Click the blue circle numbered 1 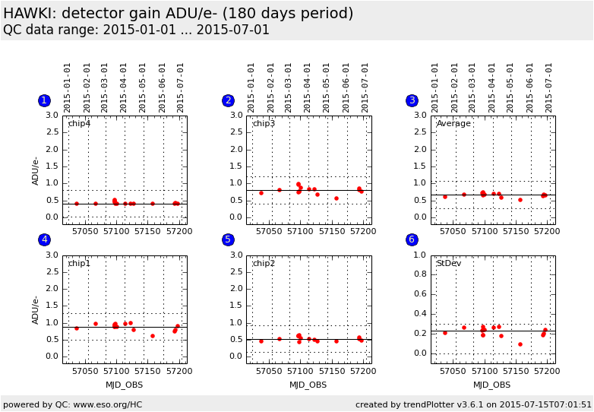[44, 100]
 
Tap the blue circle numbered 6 [412, 239]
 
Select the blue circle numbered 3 [412, 100]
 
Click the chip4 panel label [79, 124]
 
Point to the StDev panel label [449, 263]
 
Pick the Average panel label [453, 124]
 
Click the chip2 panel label [264, 263]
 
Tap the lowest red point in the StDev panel [520, 344]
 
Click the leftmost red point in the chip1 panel [77, 328]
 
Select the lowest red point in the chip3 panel [336, 198]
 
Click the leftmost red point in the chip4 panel [77, 204]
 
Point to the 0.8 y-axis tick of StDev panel [420, 274]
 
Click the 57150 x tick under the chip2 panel [332, 371]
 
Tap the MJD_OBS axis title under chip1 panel [125, 385]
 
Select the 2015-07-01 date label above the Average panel [548, 88]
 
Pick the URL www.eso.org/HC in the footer [108, 405]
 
